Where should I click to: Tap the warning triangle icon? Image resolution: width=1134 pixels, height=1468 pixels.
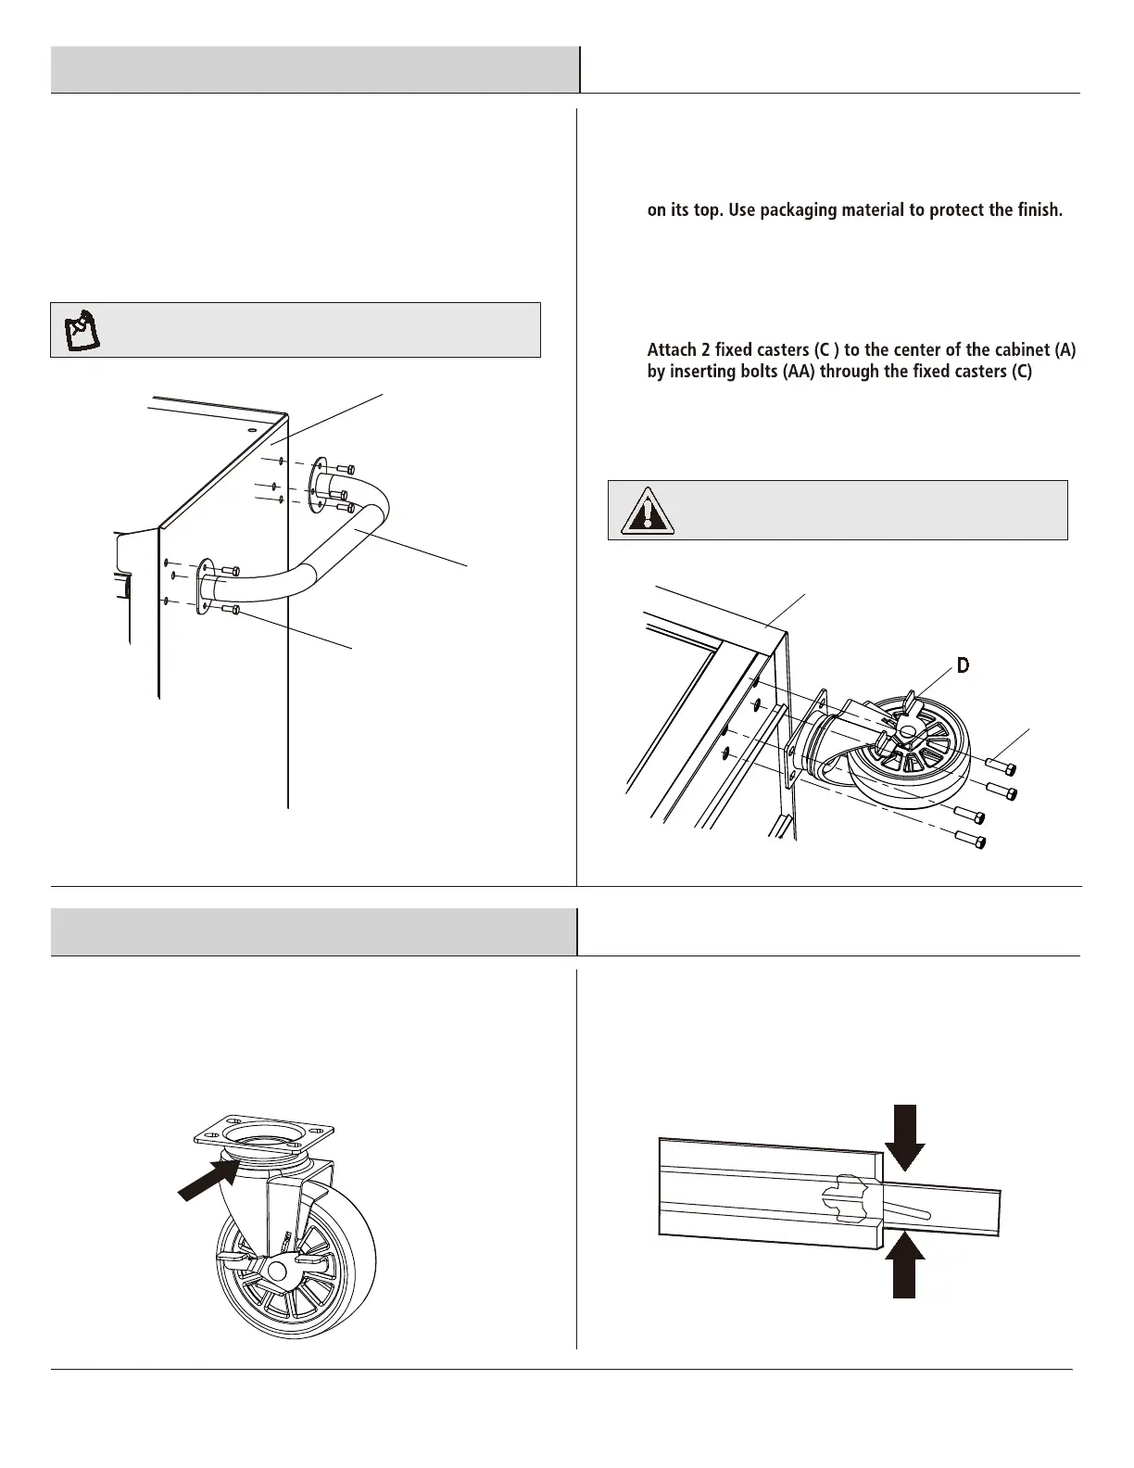(647, 511)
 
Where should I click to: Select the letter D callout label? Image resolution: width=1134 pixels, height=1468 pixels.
(963, 665)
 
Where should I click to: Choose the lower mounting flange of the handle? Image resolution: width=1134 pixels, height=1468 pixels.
(205, 588)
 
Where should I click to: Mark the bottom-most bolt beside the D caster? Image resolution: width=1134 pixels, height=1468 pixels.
(973, 842)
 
